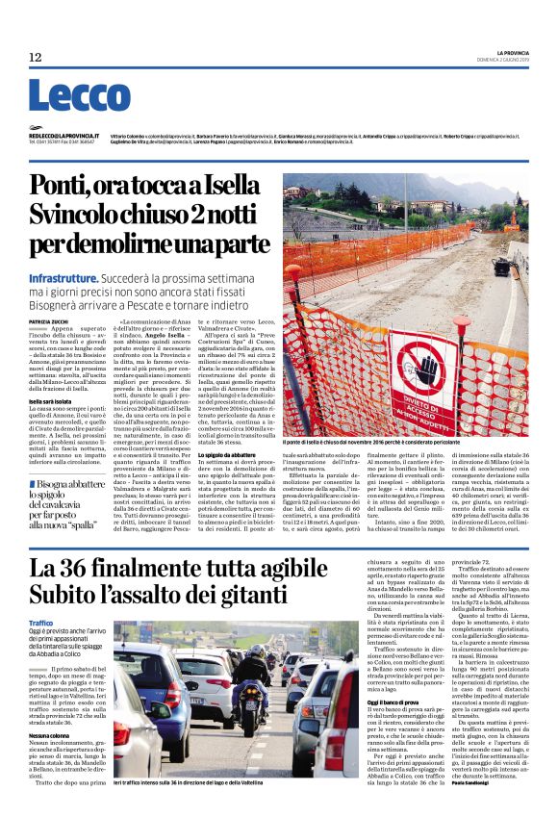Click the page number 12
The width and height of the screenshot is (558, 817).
coord(35,58)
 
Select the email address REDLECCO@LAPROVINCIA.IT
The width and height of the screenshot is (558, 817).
coord(61,137)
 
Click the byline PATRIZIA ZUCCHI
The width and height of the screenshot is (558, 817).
coord(48,320)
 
